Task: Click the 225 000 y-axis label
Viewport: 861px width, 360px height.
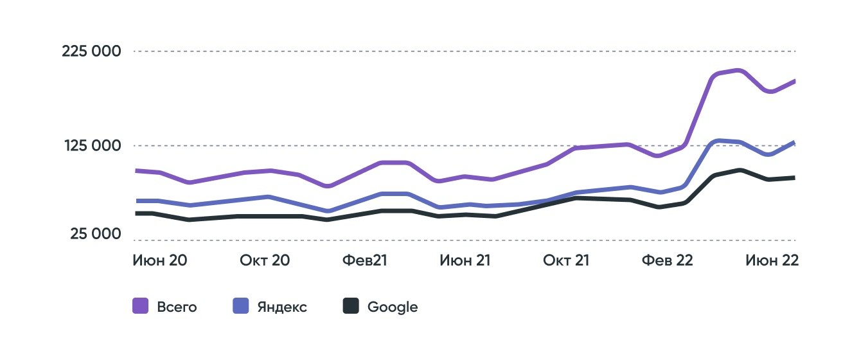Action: coord(91,51)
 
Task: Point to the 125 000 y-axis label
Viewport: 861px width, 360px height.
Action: coord(91,146)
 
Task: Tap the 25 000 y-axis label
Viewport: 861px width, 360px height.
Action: coord(95,235)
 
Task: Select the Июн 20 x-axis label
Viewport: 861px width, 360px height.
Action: coord(160,260)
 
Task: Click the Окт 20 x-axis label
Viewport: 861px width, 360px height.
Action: coord(265,260)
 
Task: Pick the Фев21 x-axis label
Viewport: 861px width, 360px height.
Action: coord(364,260)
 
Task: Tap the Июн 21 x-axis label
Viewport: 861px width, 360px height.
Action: coord(465,260)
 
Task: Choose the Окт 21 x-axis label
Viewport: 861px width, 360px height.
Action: coord(566,260)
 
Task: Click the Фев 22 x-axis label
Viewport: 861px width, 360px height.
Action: coord(668,260)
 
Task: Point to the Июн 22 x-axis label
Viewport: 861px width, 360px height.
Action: coord(771,260)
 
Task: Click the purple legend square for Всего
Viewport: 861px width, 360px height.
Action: coord(141,307)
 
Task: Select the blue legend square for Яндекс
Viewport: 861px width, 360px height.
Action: coord(240,307)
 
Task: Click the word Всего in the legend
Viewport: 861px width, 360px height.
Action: coord(177,307)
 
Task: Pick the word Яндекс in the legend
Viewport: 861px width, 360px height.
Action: coord(281,307)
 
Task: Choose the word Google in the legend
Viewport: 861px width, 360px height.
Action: coord(393,307)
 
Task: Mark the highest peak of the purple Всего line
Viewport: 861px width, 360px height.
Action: coord(739,71)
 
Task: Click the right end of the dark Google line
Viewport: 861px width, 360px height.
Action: coord(794,177)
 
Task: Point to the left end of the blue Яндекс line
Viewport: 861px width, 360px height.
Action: coord(136,201)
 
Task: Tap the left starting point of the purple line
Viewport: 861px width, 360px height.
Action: coord(136,170)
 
